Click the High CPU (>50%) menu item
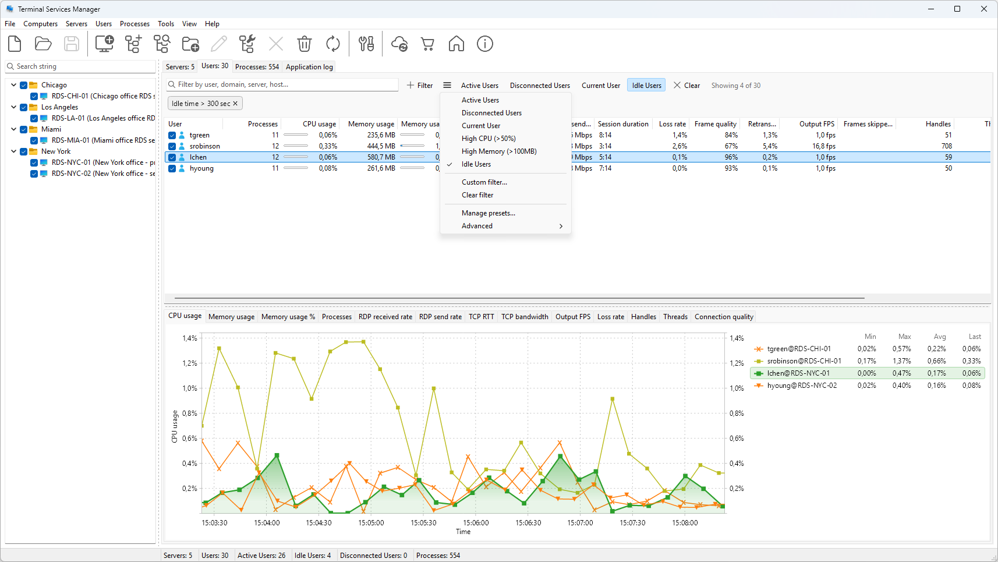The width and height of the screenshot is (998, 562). coord(489,139)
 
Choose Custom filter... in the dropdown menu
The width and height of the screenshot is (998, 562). coord(484,182)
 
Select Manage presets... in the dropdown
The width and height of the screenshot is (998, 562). coord(489,213)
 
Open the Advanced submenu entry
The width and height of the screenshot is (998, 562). coord(477,226)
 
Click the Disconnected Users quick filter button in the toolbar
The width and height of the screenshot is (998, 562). coord(540,85)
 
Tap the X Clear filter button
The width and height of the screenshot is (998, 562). coord(686,85)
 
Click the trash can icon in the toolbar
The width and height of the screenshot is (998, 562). coord(305,44)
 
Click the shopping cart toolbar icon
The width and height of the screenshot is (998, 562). coord(428,44)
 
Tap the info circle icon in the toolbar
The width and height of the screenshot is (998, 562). coord(485,44)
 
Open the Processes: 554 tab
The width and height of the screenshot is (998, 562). coord(257,67)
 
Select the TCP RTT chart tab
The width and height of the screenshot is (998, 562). coord(481,317)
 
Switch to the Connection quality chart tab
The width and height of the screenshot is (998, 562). coord(724,317)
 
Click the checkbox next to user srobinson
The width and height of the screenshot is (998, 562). coord(172,146)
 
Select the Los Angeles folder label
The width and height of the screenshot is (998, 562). coord(60,107)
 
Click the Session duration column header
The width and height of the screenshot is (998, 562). coord(623,124)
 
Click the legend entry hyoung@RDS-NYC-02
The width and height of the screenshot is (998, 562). coord(802,386)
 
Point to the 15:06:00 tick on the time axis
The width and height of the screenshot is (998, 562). coord(476,522)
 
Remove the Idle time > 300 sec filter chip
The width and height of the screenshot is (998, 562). coord(235,104)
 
